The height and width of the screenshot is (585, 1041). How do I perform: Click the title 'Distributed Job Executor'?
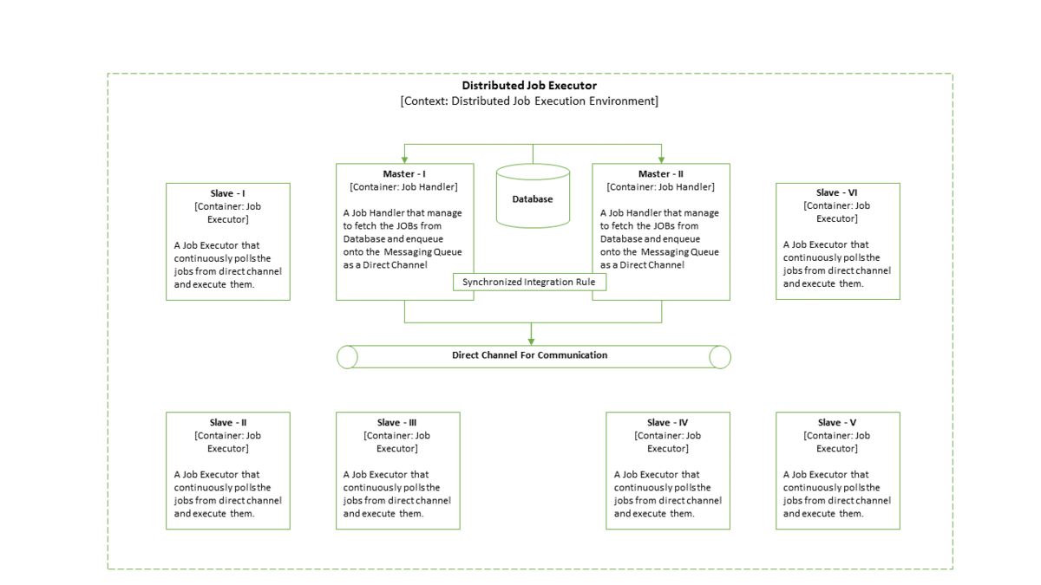[x=528, y=86]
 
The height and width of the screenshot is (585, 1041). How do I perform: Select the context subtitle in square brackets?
[x=528, y=101]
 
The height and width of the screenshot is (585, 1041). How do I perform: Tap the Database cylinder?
[x=533, y=197]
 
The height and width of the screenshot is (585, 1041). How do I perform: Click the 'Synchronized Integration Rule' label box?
[x=528, y=283]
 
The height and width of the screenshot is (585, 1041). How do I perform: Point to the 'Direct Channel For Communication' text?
[x=529, y=355]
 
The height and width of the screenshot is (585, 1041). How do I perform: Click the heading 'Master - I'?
[x=404, y=174]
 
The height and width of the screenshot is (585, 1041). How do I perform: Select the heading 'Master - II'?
[x=660, y=174]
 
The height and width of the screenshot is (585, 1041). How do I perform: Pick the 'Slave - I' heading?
[x=227, y=193]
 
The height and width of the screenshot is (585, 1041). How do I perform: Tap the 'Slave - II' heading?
[x=227, y=423]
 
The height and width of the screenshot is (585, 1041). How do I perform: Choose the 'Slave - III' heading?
[x=397, y=423]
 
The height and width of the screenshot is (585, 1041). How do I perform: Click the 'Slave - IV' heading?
[x=667, y=423]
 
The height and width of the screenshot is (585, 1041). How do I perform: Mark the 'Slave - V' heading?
[x=837, y=423]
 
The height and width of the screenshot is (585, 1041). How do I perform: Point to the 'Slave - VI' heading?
[x=837, y=193]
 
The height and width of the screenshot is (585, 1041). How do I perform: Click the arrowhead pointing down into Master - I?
[x=405, y=159]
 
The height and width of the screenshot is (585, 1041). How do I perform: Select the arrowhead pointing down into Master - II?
[x=661, y=159]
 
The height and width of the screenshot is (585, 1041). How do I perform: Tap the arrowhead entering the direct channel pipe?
[x=531, y=341]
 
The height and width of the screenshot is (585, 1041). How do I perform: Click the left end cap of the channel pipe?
[x=347, y=357]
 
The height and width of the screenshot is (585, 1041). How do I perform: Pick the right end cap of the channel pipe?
[x=719, y=357]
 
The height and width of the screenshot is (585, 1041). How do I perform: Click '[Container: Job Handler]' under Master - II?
[x=660, y=187]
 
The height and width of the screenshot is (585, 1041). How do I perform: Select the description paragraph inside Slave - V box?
[x=837, y=494]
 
